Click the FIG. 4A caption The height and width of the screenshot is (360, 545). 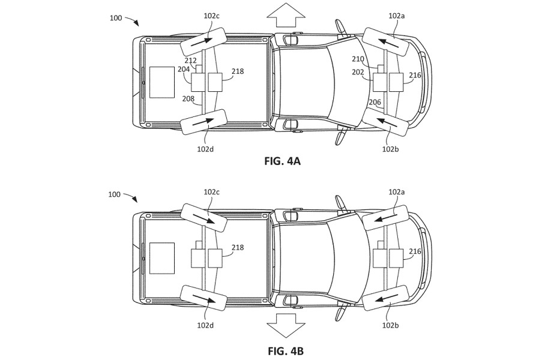click(282, 161)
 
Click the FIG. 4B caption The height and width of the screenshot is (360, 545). click(286, 351)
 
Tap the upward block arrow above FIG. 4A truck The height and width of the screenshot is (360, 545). click(286, 15)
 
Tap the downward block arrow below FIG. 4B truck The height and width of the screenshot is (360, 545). click(286, 325)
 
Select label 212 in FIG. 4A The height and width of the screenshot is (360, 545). click(190, 61)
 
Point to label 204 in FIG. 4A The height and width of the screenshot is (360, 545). click(184, 69)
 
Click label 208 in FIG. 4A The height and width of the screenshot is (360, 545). click(188, 98)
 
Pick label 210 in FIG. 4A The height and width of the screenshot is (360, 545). click(358, 59)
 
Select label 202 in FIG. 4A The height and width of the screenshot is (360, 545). click(358, 72)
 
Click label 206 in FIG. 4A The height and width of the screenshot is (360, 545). click(375, 102)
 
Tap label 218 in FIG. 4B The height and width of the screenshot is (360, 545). click(238, 247)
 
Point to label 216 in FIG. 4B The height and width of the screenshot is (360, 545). click(415, 251)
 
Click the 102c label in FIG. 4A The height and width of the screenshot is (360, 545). click(211, 16)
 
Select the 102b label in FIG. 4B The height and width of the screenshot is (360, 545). click(390, 325)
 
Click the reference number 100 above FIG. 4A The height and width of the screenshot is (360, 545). click(116, 18)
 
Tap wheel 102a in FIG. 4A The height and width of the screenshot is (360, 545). click(385, 42)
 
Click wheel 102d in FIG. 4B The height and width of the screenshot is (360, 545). click(203, 298)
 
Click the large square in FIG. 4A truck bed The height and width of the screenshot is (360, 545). click(162, 82)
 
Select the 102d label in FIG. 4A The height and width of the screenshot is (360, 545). click(205, 149)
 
